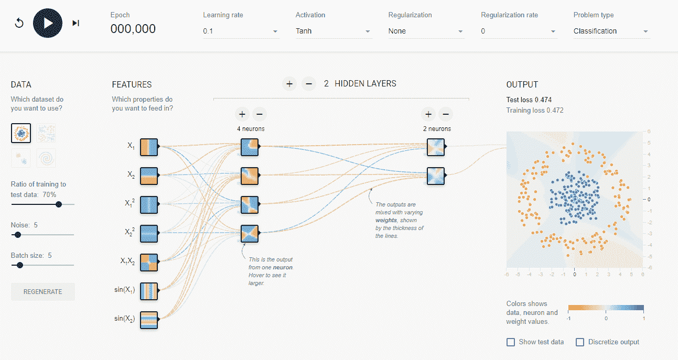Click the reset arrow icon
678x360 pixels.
point(19,23)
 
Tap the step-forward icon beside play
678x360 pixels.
point(76,23)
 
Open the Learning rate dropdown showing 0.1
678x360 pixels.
point(240,31)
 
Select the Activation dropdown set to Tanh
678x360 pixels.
point(333,31)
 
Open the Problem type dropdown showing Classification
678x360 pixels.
point(611,31)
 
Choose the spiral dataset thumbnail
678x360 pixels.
point(46,158)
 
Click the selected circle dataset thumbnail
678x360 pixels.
point(21,133)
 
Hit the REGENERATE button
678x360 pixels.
point(42,292)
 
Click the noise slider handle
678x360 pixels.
point(18,235)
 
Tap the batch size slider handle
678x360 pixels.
point(20,265)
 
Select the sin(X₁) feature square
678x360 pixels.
point(149,291)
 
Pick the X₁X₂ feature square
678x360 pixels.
point(149,263)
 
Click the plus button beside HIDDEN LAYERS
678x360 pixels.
point(289,84)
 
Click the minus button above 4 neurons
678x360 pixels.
point(260,114)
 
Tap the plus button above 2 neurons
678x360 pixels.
point(428,114)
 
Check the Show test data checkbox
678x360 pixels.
point(511,342)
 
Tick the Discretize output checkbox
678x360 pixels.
point(580,342)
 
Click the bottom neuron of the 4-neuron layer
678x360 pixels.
point(250,234)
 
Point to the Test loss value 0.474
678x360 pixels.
point(543,100)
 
